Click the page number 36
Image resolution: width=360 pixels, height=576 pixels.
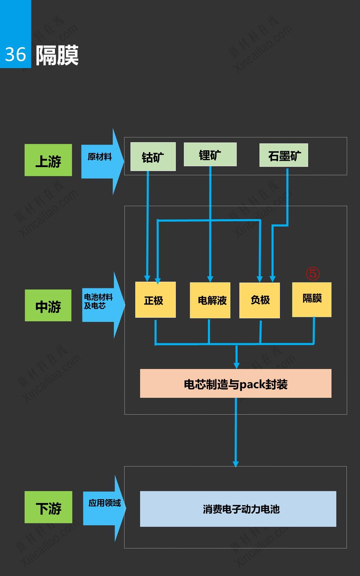click(15, 55)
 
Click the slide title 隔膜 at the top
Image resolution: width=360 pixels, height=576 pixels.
click(57, 55)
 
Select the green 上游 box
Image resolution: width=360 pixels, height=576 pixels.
click(48, 160)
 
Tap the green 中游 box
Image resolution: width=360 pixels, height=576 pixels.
click(48, 305)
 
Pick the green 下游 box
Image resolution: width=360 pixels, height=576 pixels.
click(48, 507)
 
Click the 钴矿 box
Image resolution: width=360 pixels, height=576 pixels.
click(153, 157)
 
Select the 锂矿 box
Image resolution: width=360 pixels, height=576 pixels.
click(210, 154)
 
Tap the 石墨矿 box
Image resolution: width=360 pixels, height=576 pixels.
click(283, 155)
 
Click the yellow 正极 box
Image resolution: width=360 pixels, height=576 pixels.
click(155, 300)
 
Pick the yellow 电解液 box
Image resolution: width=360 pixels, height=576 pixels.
click(210, 300)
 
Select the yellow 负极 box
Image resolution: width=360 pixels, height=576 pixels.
click(259, 300)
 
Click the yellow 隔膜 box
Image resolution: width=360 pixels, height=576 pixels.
click(312, 299)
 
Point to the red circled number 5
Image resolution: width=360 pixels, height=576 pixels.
click(313, 274)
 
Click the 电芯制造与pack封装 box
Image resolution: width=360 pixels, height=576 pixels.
click(235, 383)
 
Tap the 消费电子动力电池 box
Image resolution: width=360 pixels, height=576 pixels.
click(238, 509)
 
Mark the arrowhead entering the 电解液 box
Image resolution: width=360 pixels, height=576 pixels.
click(210, 279)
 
